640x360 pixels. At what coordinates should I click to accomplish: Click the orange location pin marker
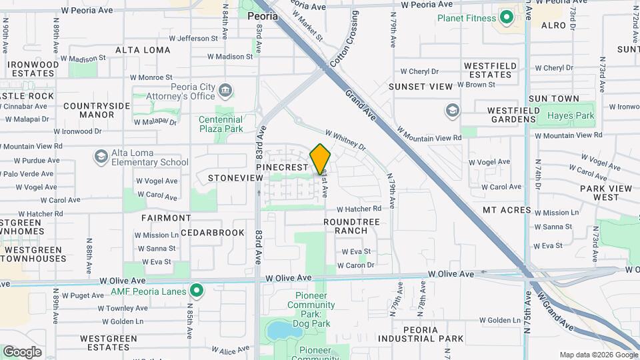pyautogui.click(x=321, y=159)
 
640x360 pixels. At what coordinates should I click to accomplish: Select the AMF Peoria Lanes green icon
pyautogui.click(x=196, y=290)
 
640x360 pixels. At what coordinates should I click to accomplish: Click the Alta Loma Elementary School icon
pyautogui.click(x=101, y=157)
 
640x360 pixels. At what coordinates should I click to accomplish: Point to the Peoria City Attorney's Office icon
pyautogui.click(x=226, y=89)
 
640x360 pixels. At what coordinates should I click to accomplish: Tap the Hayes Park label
pyautogui.click(x=570, y=115)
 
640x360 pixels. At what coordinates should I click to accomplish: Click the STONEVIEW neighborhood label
pyautogui.click(x=235, y=178)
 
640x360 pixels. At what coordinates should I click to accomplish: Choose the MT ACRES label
pyautogui.click(x=507, y=210)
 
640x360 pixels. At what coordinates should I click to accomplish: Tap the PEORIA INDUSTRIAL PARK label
pyautogui.click(x=427, y=334)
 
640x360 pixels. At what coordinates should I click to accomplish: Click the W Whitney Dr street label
pyautogui.click(x=345, y=140)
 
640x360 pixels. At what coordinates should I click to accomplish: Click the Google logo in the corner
pyautogui.click(x=22, y=351)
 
